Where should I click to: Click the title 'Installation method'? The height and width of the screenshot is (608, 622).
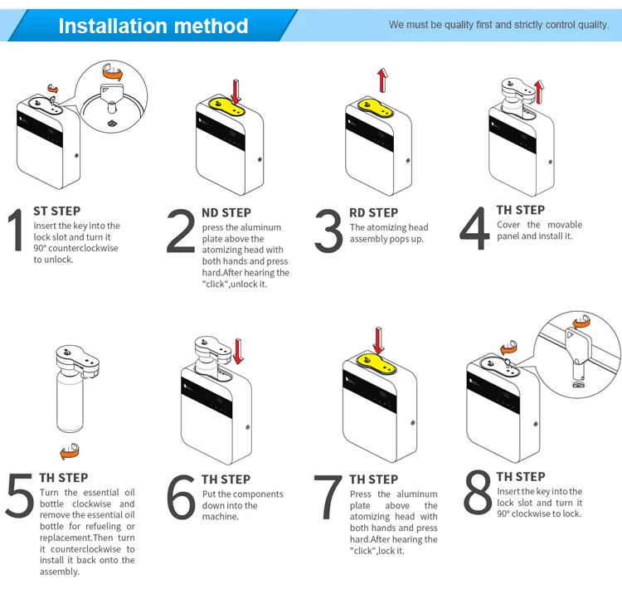(x=153, y=27)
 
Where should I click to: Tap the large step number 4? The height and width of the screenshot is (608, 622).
(x=474, y=228)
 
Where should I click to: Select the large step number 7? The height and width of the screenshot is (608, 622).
(x=328, y=498)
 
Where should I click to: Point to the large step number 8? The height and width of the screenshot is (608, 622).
(x=478, y=492)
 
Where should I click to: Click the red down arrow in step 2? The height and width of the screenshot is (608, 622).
(x=236, y=92)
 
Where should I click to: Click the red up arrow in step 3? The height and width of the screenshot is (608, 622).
(x=382, y=80)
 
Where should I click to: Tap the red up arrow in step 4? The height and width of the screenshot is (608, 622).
(x=539, y=92)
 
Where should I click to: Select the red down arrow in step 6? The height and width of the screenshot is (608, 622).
(x=238, y=351)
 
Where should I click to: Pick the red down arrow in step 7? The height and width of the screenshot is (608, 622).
(x=378, y=341)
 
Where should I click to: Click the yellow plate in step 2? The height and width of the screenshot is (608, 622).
(x=226, y=106)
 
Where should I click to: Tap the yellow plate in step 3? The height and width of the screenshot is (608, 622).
(x=375, y=107)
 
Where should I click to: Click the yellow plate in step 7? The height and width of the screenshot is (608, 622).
(x=376, y=362)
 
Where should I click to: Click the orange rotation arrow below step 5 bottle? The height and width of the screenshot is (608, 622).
(x=70, y=451)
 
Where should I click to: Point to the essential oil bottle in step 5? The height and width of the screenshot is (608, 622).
(x=70, y=401)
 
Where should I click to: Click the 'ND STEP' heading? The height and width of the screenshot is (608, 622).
(x=226, y=212)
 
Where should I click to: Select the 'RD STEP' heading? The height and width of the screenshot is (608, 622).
(x=373, y=212)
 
